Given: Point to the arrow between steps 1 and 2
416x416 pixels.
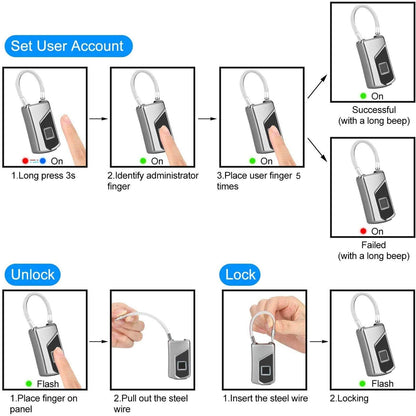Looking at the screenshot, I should click(x=98, y=116).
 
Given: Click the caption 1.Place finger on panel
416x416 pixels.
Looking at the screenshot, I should click(x=45, y=403).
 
